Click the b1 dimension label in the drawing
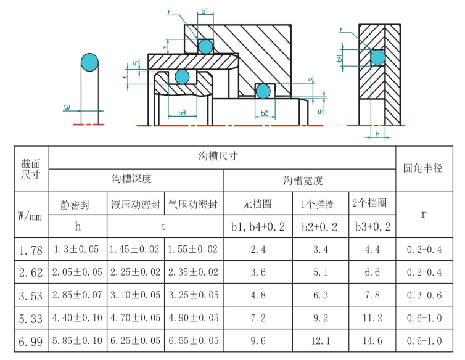[205, 11]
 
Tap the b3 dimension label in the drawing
[182, 113]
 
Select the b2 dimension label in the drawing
[265, 113]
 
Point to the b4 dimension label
[339, 58]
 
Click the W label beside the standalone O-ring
[67, 107]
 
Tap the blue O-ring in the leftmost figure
[89, 62]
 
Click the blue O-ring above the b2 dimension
[263, 91]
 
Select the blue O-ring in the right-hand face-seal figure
[378, 57]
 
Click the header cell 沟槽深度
[132, 179]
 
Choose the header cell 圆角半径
[423, 168]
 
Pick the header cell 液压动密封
[136, 204]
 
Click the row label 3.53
[31, 296]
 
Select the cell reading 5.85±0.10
[78, 341]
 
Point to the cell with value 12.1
[321, 341]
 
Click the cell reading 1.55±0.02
[193, 249]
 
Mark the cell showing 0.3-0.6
[424, 295]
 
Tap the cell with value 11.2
[372, 318]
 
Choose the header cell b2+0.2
[319, 227]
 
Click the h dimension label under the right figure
[377, 134]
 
